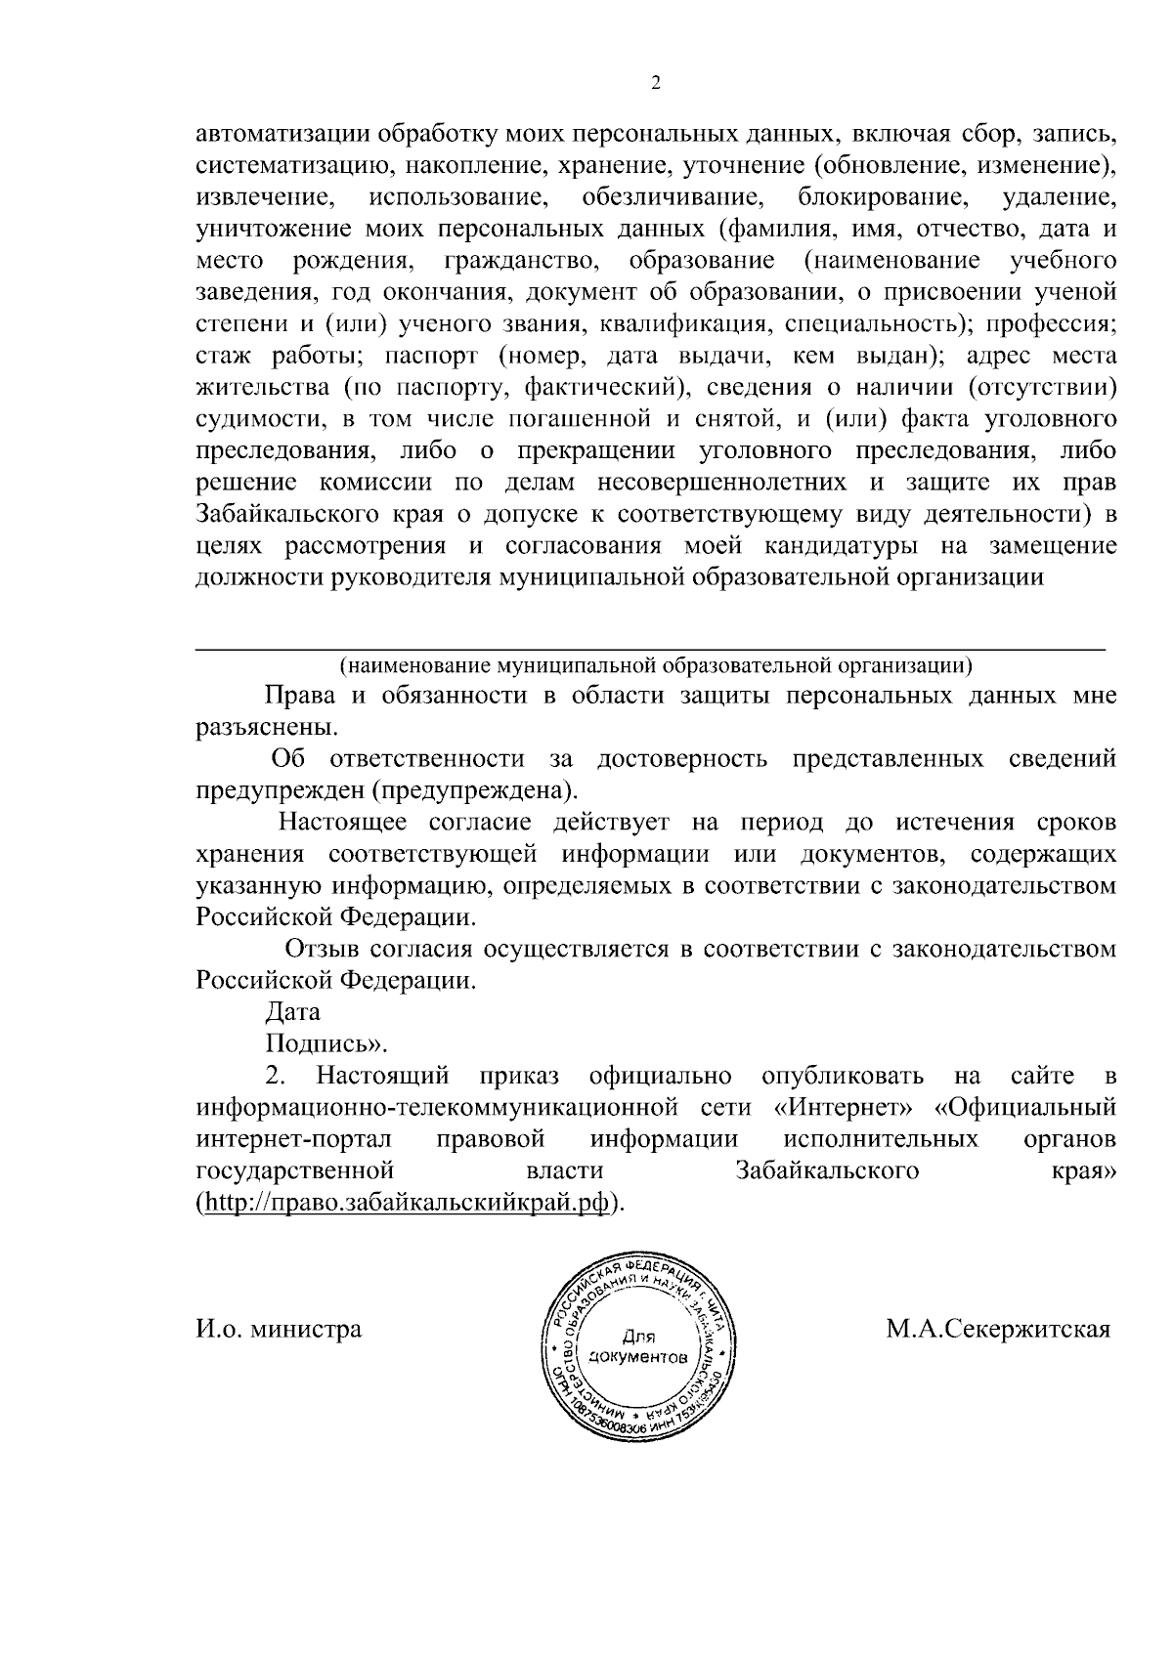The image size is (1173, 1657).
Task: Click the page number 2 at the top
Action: click(x=656, y=84)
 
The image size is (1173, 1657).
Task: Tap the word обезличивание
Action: click(x=673, y=197)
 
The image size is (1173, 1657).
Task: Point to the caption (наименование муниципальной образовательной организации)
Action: click(x=655, y=666)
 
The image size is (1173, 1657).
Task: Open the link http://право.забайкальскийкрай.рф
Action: click(x=409, y=1202)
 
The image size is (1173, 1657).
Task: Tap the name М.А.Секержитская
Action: click(x=998, y=1330)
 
